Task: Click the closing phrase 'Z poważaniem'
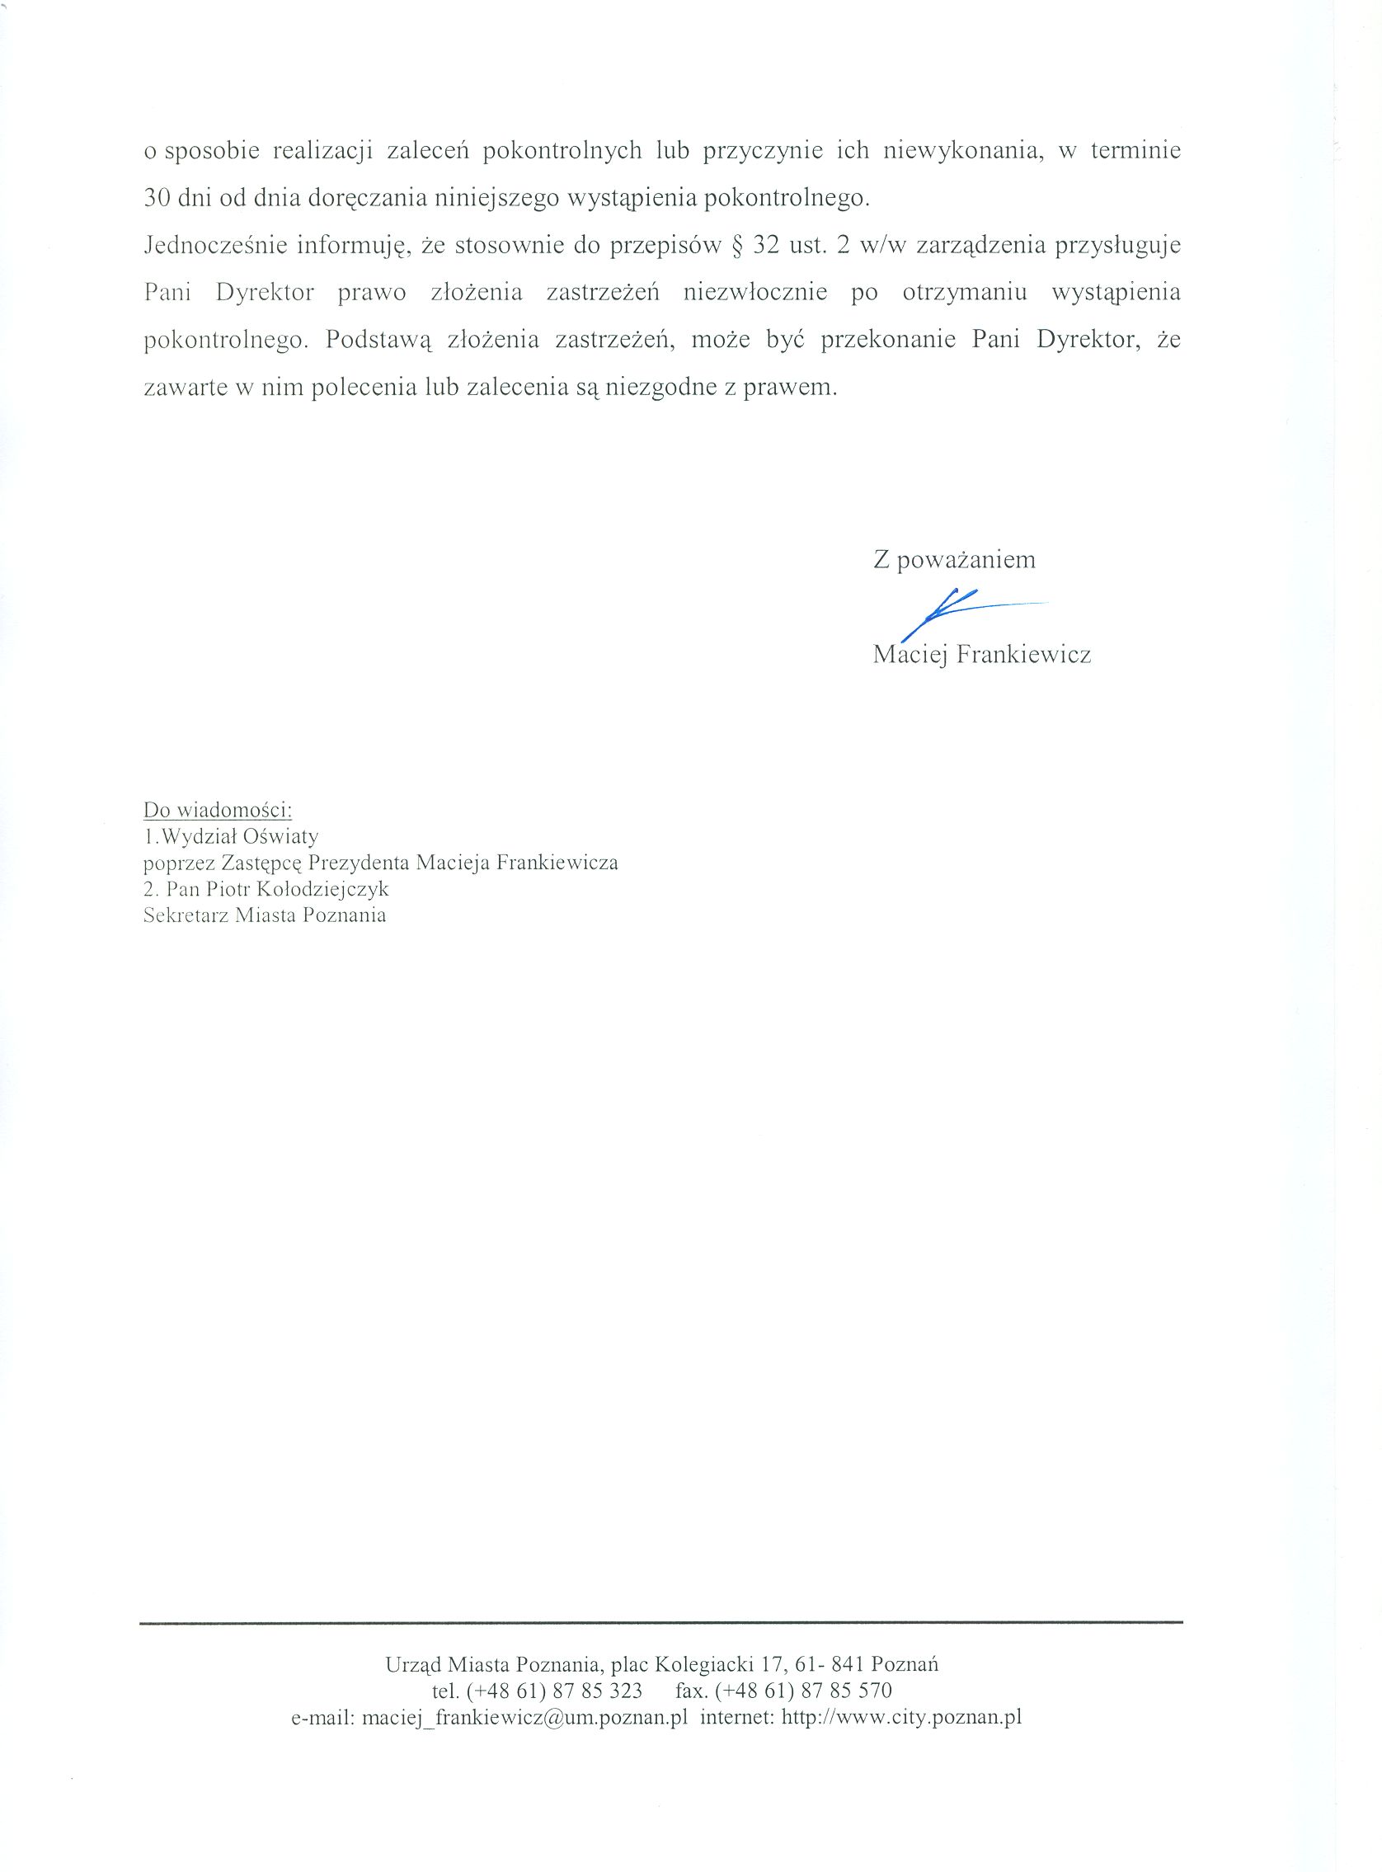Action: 954,560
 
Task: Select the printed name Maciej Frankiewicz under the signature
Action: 981,654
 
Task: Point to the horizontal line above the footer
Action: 660,1623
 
